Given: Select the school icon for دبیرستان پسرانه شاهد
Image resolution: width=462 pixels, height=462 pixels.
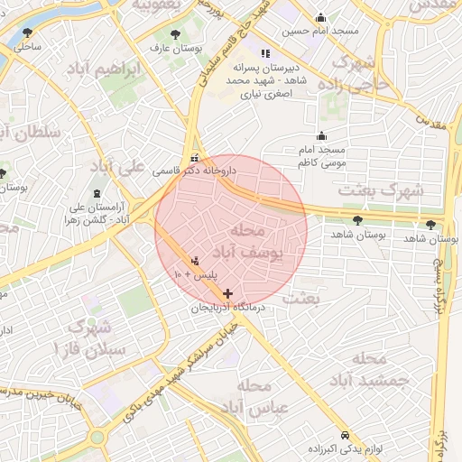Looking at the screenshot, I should point(264,52).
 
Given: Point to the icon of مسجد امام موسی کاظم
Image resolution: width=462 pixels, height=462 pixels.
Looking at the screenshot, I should point(321,136).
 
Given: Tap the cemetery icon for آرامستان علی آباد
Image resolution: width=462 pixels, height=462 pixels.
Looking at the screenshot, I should point(96,194).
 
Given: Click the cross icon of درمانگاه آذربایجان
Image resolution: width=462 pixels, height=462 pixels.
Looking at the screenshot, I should point(227,293).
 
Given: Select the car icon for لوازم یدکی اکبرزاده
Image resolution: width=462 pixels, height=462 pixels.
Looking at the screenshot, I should point(346,433).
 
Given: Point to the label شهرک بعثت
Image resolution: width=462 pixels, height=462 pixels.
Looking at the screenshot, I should point(379,190).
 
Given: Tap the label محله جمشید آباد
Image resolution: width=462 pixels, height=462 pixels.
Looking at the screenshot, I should point(368,370).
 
